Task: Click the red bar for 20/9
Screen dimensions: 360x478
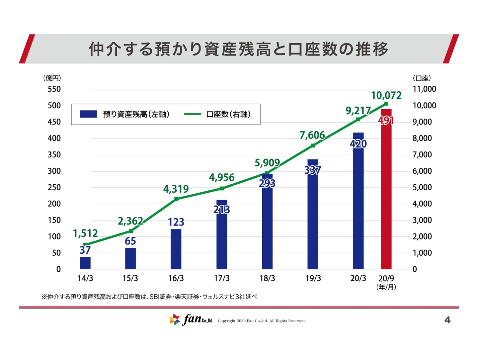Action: (x=386, y=199)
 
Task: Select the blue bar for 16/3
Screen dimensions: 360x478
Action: (x=176, y=249)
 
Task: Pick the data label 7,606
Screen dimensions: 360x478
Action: (x=312, y=135)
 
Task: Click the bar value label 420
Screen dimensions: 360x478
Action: (x=358, y=144)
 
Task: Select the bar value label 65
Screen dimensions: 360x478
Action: (x=130, y=241)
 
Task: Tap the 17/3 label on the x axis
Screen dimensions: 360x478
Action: (x=221, y=278)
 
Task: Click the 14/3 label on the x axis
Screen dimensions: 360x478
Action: (x=85, y=278)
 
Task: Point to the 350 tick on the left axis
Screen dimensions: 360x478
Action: (x=54, y=155)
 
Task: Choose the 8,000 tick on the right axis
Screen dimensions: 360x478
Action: (x=422, y=138)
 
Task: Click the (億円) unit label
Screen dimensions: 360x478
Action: (x=52, y=78)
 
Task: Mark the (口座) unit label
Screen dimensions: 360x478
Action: (x=422, y=78)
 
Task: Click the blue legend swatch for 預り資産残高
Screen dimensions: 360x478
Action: (x=88, y=114)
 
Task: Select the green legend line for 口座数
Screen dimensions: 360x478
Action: (x=192, y=114)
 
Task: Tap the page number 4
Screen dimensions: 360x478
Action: (x=447, y=320)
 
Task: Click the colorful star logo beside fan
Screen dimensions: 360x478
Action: (x=175, y=319)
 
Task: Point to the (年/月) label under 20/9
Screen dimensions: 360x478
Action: (x=386, y=287)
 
